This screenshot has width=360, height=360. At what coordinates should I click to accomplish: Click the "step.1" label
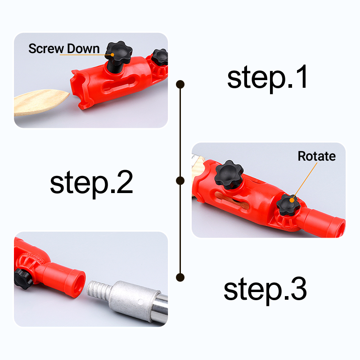pos(267,78)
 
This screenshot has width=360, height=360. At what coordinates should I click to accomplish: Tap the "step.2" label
pos(91,184)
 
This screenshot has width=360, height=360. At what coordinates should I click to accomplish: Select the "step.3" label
pos(265,290)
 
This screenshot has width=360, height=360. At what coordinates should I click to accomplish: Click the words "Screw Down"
pos(64,49)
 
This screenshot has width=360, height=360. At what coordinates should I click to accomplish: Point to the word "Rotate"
pos(317,156)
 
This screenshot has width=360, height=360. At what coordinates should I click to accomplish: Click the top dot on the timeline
pos(180,84)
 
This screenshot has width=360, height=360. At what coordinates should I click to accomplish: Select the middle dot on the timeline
pos(180,181)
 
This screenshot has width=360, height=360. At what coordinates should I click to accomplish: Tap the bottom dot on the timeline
pos(180,277)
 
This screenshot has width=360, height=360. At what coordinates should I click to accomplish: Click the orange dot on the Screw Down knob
pos(112,54)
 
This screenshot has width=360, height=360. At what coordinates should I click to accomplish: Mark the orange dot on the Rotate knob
pos(292,200)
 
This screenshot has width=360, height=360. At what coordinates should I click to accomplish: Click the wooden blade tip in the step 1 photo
pos(68,94)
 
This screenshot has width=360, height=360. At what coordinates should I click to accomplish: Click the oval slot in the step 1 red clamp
pos(119,85)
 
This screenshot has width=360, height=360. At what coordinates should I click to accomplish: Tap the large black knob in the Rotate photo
pos(229,174)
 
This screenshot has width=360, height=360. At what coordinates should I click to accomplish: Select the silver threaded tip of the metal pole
pos(99,289)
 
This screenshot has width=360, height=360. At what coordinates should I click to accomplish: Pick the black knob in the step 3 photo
pos(22,279)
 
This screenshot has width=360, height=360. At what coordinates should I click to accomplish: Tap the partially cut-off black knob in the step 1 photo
pos(160,57)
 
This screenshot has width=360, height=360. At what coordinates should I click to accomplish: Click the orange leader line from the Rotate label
pos(305,181)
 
